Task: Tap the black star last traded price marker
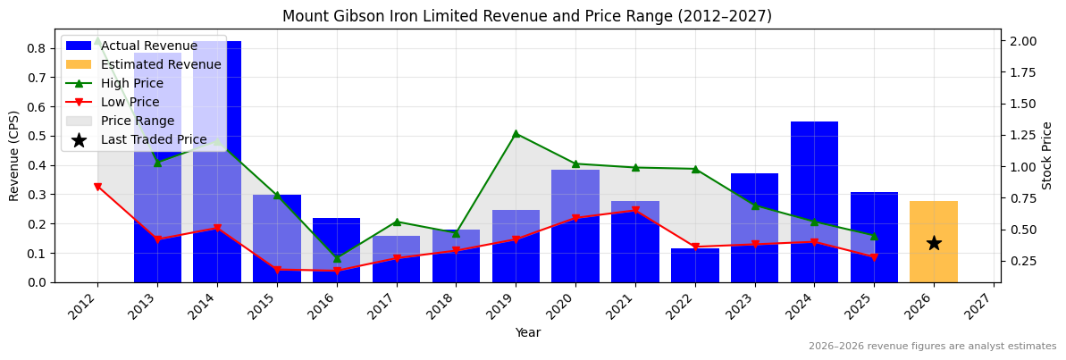933,243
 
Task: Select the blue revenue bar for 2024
814,202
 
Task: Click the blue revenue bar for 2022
694,265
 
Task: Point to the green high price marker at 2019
516,134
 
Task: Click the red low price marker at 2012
97,187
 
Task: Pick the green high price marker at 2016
337,258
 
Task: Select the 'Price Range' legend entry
138,121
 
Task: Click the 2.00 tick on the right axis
1024,41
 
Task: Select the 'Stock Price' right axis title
1047,155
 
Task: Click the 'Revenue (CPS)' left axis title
14,155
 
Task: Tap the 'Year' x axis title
527,332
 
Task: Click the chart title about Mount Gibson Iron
527,16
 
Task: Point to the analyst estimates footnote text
932,347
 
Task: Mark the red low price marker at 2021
635,211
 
